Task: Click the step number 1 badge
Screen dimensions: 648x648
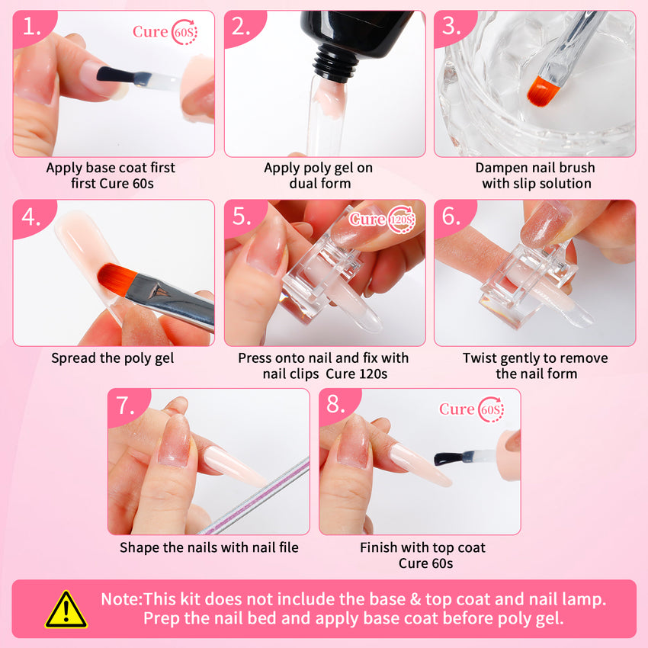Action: click(x=32, y=27)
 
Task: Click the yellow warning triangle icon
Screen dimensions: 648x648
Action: click(x=66, y=609)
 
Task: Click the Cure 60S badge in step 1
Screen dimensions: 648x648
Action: click(x=165, y=32)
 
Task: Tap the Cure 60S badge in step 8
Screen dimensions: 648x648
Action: click(x=471, y=409)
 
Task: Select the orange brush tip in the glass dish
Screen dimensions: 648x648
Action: click(x=540, y=91)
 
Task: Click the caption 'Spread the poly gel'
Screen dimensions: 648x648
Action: click(x=112, y=358)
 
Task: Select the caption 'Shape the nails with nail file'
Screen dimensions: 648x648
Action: click(x=209, y=547)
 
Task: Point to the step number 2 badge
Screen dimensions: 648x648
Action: click(x=242, y=27)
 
